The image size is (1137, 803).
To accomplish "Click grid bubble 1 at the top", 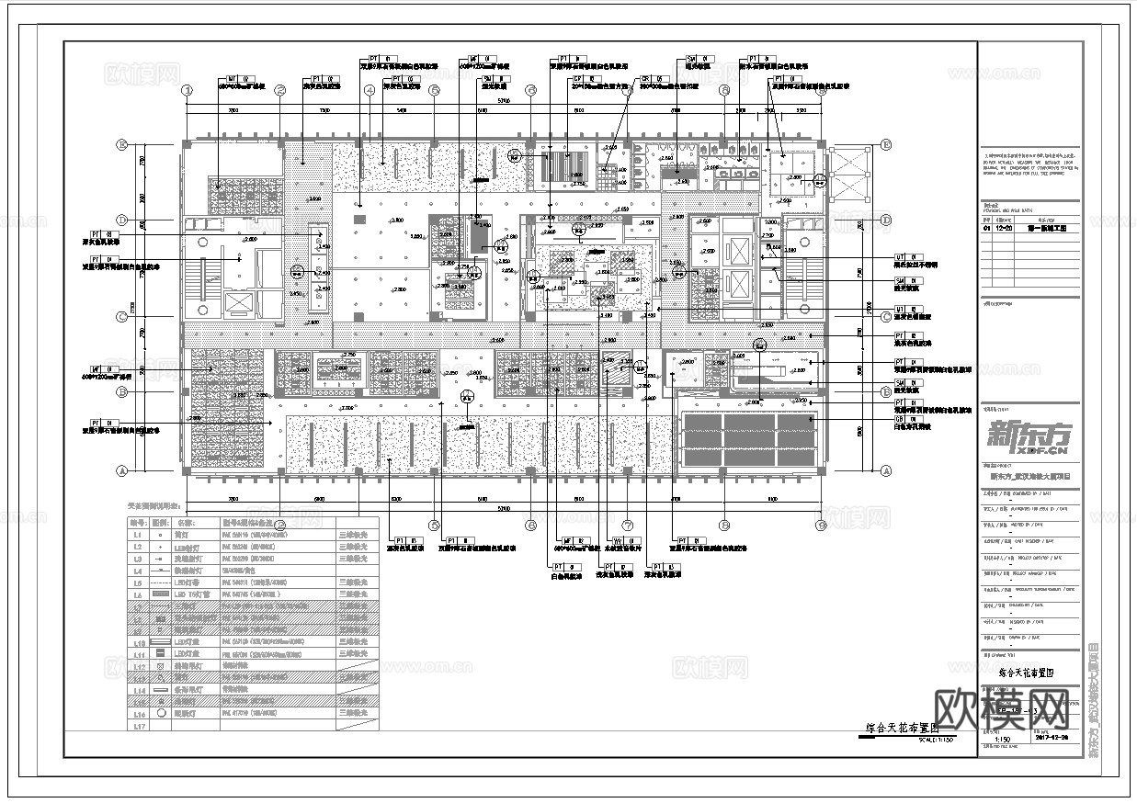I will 187,90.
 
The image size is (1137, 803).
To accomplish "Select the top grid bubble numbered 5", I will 434,90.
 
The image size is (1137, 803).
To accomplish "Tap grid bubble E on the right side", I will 886,145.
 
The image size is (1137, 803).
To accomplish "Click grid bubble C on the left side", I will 120,318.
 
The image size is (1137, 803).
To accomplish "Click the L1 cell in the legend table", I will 138,533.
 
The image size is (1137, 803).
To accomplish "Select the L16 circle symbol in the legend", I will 161,713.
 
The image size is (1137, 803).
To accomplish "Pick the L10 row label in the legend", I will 138,644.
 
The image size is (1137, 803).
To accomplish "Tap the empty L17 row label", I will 138,726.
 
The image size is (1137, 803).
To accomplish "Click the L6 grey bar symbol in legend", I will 161,595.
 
